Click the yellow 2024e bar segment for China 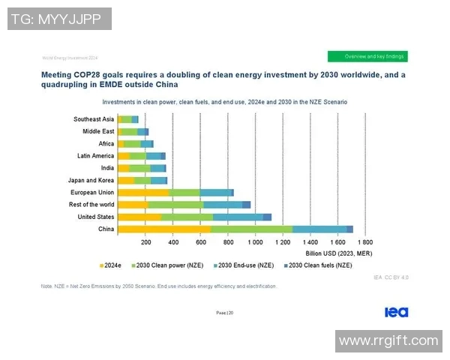click(x=164, y=229)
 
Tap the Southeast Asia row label click(x=93, y=118)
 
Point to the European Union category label click(x=91, y=192)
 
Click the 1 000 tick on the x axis click(x=256, y=243)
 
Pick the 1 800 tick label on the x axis click(x=365, y=243)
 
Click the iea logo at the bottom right click(x=396, y=312)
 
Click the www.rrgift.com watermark click(x=388, y=340)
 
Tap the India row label click(x=107, y=168)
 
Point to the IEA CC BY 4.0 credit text click(x=391, y=277)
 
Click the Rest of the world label click(x=91, y=205)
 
